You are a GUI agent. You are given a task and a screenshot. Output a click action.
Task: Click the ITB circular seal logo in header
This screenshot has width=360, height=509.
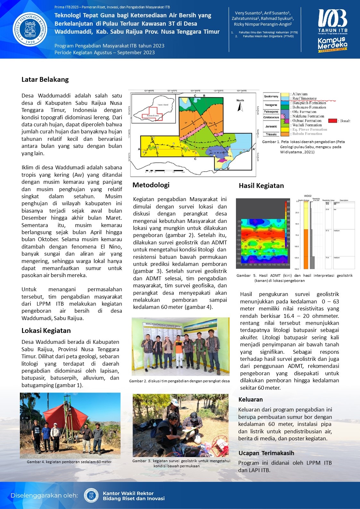click(x=30, y=29)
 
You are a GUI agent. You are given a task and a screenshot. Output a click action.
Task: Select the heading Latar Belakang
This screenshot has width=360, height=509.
click(x=45, y=80)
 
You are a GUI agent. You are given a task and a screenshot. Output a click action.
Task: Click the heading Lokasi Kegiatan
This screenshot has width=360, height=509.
click(x=46, y=331)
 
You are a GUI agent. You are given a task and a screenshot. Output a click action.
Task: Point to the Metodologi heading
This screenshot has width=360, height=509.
click(x=151, y=185)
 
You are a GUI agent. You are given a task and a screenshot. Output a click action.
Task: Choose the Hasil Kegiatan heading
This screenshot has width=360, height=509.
click(x=261, y=186)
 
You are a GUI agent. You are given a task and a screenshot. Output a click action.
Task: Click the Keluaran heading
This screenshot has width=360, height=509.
click(x=251, y=400)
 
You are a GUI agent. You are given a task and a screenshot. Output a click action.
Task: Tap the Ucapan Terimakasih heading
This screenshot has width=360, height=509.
click(x=266, y=453)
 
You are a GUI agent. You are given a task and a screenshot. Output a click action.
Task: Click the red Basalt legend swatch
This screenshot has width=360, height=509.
click(x=333, y=121)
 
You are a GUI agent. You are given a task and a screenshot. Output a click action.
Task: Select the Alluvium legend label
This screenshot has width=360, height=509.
click(x=300, y=94)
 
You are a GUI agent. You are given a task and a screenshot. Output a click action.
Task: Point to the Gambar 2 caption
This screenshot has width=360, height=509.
click(x=179, y=381)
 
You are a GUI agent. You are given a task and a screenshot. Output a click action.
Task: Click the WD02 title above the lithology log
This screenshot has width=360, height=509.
click(x=307, y=196)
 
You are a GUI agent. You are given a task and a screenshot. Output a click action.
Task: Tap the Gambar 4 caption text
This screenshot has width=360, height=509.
click(x=69, y=462)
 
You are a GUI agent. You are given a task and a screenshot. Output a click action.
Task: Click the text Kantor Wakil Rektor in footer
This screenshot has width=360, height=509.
click(x=128, y=493)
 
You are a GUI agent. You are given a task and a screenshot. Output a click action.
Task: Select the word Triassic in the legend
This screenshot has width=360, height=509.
click(x=271, y=134)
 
